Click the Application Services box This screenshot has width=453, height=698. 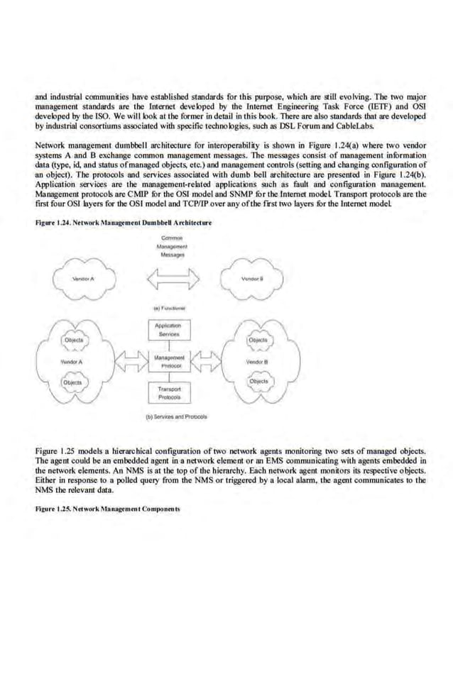tap(170, 329)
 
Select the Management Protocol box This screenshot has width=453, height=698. tap(170, 362)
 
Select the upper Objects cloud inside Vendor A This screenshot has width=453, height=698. tap(74, 340)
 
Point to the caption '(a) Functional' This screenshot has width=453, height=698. tap(169, 309)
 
